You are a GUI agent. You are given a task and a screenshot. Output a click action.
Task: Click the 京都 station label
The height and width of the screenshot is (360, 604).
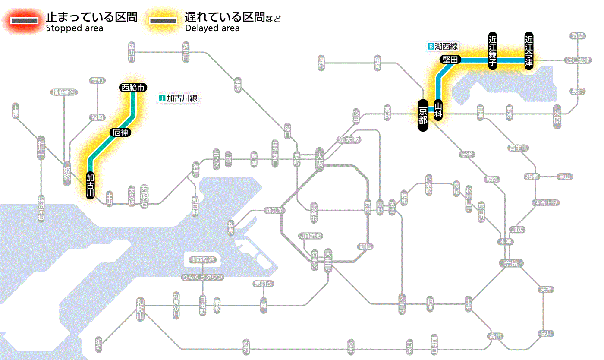pos(423,115)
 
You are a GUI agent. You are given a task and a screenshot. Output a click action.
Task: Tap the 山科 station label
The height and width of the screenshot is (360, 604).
pos(438,110)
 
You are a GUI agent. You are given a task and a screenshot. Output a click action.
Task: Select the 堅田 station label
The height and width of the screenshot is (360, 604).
pos(450,60)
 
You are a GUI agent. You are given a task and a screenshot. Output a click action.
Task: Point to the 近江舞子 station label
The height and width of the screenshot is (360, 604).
pos(492,50)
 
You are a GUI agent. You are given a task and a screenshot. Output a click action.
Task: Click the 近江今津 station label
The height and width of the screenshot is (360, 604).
pos(528,50)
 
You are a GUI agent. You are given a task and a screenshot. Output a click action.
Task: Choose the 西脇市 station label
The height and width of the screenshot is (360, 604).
pos(133,88)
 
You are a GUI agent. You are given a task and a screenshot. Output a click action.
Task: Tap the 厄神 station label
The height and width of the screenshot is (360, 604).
pos(120,133)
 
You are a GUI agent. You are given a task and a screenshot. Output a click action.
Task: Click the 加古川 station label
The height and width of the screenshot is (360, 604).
pos(90,186)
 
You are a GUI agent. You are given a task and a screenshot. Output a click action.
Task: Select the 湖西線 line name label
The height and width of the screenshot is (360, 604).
pos(443,46)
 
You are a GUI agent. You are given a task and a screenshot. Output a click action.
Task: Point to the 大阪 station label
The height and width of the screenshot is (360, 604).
pos(319,160)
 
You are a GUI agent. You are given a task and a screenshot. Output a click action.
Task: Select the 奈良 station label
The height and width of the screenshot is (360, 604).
pos(510,263)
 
